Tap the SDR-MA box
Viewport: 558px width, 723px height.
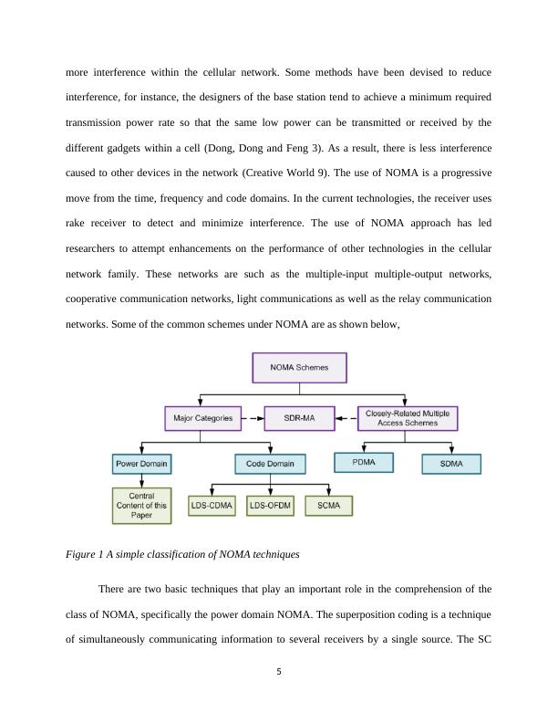point(294,419)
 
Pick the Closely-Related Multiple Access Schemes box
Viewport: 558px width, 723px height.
point(408,418)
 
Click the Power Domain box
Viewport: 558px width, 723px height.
point(142,464)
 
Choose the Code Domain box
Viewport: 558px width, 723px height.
point(270,464)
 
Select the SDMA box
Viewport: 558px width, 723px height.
point(451,464)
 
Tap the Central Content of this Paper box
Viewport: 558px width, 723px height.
point(142,506)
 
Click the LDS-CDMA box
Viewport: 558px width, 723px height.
point(212,505)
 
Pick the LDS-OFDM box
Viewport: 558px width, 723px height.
point(271,505)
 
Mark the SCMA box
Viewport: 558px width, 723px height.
point(328,505)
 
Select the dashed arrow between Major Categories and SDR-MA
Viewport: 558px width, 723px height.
point(252,419)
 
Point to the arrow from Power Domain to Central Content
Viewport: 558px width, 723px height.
point(142,481)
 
